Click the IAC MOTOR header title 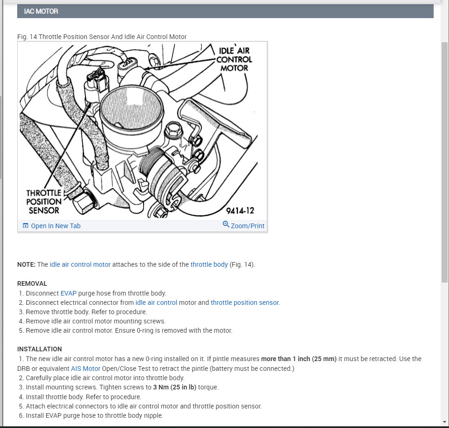(x=41, y=11)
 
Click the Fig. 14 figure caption (x=102, y=37)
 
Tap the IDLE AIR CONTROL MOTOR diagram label (x=234, y=59)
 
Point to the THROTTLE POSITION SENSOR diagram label (x=44, y=202)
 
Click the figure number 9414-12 (x=240, y=211)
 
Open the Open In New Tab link (x=55, y=226)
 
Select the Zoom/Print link (x=247, y=226)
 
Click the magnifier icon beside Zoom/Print (x=226, y=224)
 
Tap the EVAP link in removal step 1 (x=68, y=293)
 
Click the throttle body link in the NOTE (x=209, y=264)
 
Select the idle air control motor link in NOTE (x=80, y=264)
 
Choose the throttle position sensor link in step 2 (x=245, y=303)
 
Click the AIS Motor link (x=86, y=369)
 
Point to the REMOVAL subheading (x=32, y=283)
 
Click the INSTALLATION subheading (x=40, y=349)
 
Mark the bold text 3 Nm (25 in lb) (x=175, y=387)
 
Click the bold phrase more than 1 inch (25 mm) (x=298, y=359)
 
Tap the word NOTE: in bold (x=26, y=264)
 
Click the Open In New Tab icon (x=26, y=226)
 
